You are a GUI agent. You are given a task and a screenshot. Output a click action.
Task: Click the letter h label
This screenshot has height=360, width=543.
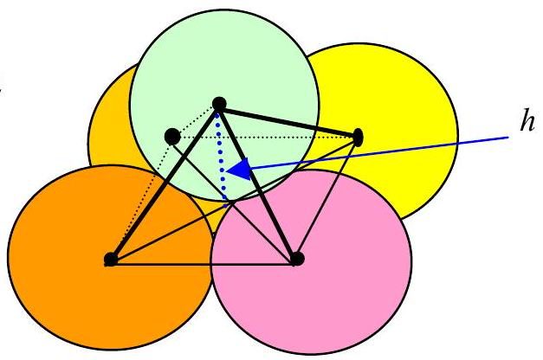(527, 121)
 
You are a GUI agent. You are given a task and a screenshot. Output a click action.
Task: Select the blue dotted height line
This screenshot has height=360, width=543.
(222, 160)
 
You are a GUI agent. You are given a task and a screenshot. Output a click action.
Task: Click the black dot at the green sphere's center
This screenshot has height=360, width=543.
(219, 104)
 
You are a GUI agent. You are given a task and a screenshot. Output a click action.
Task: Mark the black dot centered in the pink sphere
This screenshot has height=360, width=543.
(297, 259)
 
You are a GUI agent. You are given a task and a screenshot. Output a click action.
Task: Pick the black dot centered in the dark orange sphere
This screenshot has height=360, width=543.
(111, 260)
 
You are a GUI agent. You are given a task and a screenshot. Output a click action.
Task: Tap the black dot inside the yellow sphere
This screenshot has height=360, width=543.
(359, 137)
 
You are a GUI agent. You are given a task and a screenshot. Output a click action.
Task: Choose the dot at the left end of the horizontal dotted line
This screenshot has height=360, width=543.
(172, 137)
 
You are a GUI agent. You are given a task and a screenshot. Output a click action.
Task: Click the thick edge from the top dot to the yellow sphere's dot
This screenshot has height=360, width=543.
(288, 120)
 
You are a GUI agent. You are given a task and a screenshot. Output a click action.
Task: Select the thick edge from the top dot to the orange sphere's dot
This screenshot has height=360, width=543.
(165, 182)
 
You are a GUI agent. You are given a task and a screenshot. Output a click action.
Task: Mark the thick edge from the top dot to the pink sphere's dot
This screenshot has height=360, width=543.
(258, 182)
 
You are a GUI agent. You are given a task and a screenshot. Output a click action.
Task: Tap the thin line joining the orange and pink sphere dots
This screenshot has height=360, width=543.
(204, 265)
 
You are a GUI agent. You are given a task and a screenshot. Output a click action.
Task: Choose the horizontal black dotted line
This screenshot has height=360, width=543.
(265, 138)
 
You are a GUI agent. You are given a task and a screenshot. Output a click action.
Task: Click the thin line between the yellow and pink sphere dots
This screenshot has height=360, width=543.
(327, 198)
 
